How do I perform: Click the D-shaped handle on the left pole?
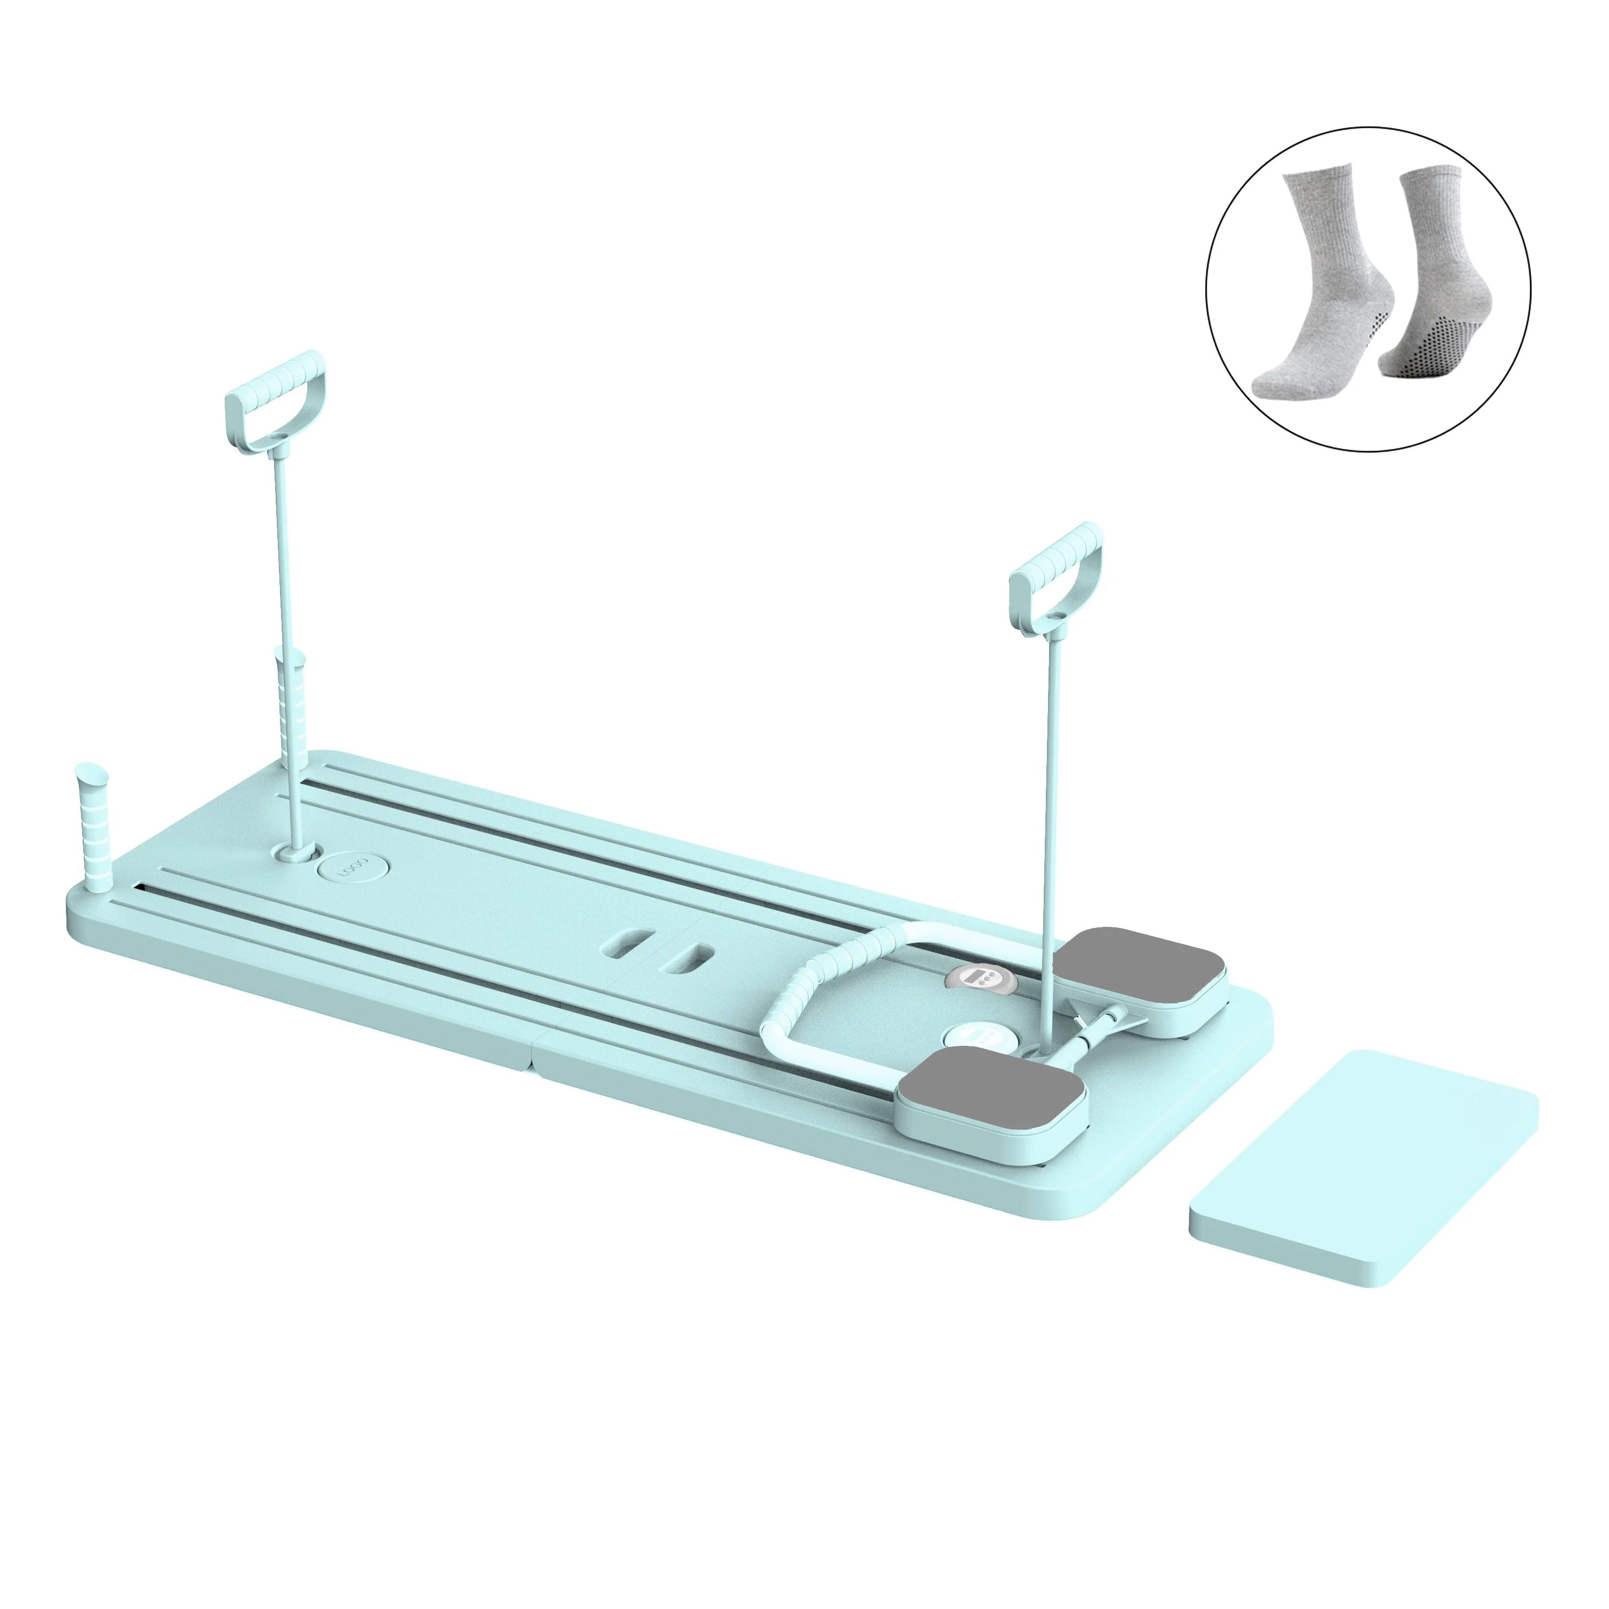click(x=275, y=392)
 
